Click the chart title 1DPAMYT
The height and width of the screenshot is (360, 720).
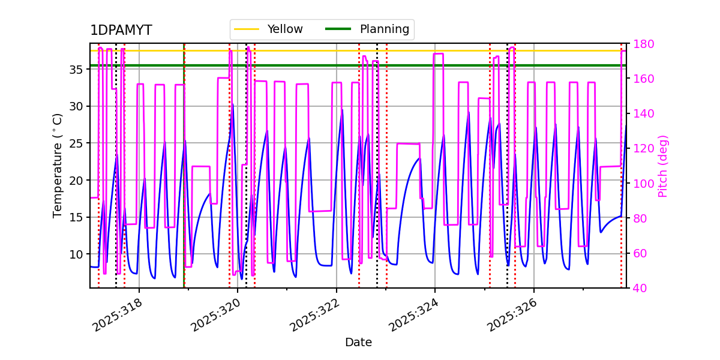pos(121,31)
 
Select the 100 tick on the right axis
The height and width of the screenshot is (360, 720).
pos(643,184)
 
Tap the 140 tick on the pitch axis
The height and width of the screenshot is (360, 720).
pos(643,113)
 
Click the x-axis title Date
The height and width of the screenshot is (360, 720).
pos(358,343)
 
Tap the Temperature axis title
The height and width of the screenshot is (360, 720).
pos(58,166)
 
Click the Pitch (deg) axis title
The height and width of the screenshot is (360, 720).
pos(663,166)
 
